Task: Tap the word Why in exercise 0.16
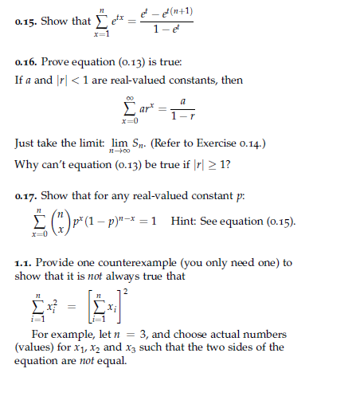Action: pyautogui.click(x=26, y=164)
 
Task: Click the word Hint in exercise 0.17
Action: pyautogui.click(x=185, y=221)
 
